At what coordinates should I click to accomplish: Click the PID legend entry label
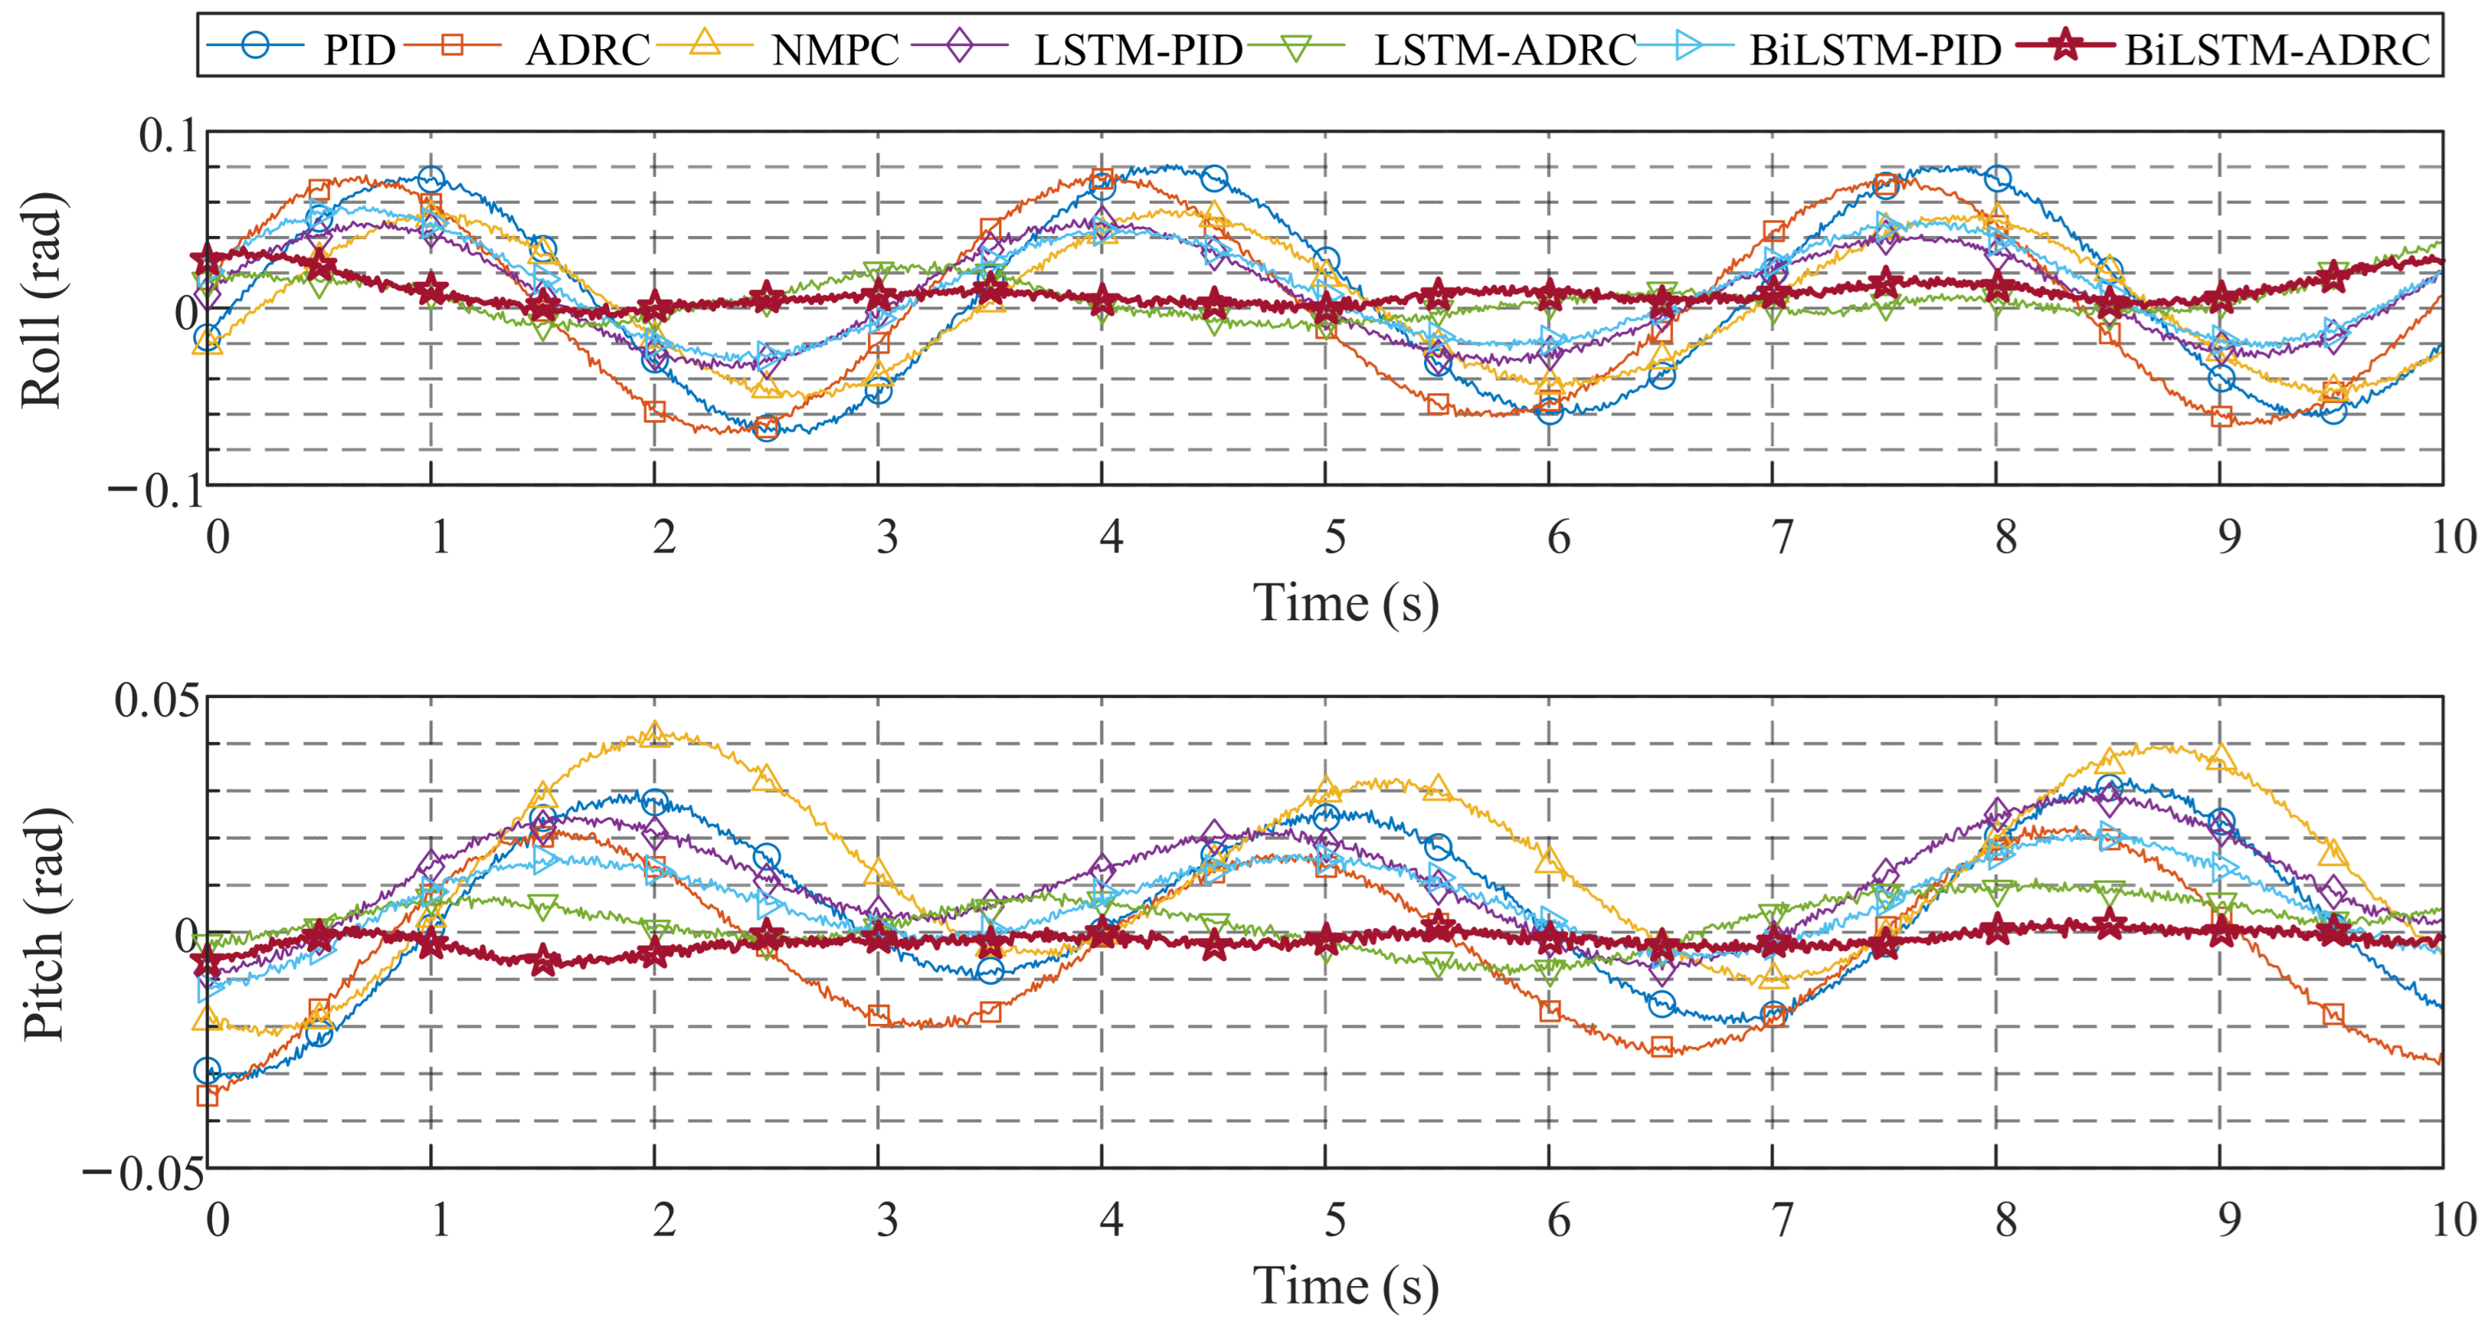(359, 49)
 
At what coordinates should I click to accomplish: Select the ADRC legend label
(588, 49)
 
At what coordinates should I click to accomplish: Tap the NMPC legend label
(835, 49)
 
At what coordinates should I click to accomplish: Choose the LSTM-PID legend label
(1138, 49)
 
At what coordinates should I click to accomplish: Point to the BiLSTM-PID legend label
(1875, 49)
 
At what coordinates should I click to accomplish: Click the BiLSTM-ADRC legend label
(2277, 49)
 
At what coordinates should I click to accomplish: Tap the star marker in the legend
(2064, 44)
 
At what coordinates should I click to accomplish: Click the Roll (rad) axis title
(43, 300)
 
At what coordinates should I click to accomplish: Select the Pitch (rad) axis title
(43, 924)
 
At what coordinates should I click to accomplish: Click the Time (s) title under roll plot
(1346, 604)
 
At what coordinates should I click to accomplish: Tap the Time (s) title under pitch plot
(1346, 1287)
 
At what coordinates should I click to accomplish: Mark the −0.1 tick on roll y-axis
(155, 492)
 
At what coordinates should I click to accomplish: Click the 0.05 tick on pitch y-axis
(156, 700)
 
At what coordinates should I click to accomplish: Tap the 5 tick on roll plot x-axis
(1336, 538)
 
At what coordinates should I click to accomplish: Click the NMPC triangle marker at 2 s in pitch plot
(654, 733)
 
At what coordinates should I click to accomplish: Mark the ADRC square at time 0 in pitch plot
(207, 1095)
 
